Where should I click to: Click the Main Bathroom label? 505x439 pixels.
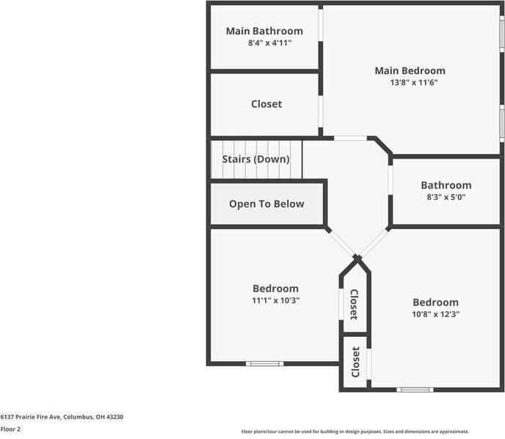[264, 31]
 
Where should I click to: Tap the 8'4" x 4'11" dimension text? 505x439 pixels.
[269, 43]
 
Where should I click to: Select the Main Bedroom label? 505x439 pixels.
[410, 71]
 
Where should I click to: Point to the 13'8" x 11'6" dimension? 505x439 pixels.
[414, 83]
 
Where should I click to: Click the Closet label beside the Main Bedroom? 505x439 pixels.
[266, 104]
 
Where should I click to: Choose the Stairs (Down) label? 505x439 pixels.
[255, 159]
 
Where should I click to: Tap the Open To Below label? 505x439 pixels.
[266, 204]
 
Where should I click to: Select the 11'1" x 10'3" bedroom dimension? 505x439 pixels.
[276, 300]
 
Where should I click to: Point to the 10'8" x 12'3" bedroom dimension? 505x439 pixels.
[435, 314]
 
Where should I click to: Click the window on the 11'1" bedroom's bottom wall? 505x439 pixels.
[264, 363]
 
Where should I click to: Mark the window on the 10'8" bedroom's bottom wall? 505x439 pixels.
[415, 390]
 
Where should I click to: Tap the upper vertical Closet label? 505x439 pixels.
[353, 304]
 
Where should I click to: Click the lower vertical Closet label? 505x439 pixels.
[356, 362]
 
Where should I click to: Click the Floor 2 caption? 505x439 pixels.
[10, 429]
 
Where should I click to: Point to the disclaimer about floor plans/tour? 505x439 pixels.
[355, 432]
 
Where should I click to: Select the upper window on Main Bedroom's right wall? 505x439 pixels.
[502, 35]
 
